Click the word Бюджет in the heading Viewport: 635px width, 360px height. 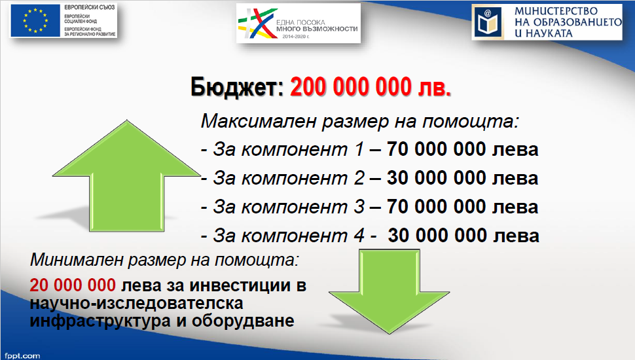pyautogui.click(x=237, y=87)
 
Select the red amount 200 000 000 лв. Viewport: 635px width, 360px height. pyautogui.click(x=371, y=86)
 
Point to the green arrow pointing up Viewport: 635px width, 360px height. pyautogui.click(x=127, y=176)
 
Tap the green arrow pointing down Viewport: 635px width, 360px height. pyautogui.click(x=389, y=291)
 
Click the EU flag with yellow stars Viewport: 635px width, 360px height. pyautogui.click(x=35, y=21)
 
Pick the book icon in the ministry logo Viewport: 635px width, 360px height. pyautogui.click(x=488, y=22)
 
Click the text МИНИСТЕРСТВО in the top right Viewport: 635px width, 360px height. pyautogui.click(x=556, y=11)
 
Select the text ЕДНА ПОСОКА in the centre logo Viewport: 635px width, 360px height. pyautogui.click(x=300, y=23)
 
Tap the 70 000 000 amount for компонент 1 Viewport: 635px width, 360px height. pyautogui.click(x=436, y=149)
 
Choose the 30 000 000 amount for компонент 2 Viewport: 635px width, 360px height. pyautogui.click(x=436, y=178)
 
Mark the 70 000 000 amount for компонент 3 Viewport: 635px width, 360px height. pyautogui.click(x=436, y=207)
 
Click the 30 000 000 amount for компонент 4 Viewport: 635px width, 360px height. pyautogui.click(x=437, y=235)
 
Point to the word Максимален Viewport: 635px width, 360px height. pyautogui.click(x=259, y=120)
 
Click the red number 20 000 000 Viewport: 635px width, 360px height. pyautogui.click(x=73, y=285)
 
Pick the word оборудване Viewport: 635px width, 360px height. pyautogui.click(x=243, y=320)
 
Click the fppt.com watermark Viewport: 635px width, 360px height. pyautogui.click(x=22, y=356)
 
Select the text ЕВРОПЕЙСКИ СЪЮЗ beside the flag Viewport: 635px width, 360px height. pyautogui.click(x=90, y=7)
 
